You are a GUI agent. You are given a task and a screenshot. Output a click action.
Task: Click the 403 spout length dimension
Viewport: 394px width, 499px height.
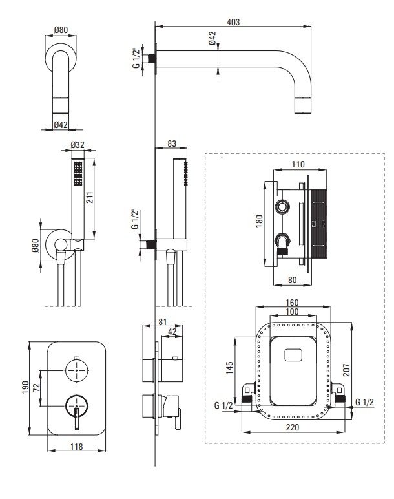[x=234, y=21]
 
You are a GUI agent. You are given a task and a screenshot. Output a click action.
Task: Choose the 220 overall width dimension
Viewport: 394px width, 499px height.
[x=295, y=427]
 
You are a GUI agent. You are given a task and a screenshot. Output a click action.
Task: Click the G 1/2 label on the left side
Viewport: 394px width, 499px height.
[x=223, y=405]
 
